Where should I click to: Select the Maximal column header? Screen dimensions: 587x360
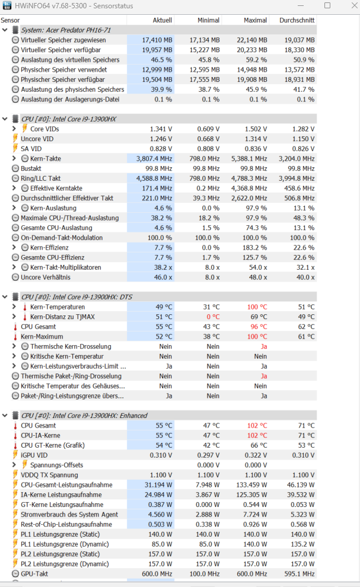tap(255, 20)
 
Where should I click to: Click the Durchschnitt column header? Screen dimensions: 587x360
tap(297, 20)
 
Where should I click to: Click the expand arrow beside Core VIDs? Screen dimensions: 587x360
tap(14, 129)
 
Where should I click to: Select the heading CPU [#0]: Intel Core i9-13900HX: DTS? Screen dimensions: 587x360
tap(77, 297)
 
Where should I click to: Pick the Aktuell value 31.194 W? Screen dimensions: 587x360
tap(157, 484)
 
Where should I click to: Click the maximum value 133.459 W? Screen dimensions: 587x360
tap(253, 484)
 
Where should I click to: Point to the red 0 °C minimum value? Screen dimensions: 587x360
tap(211, 317)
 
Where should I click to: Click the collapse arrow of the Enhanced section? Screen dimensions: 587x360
tap(5, 416)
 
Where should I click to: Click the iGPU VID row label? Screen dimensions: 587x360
tap(34, 455)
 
